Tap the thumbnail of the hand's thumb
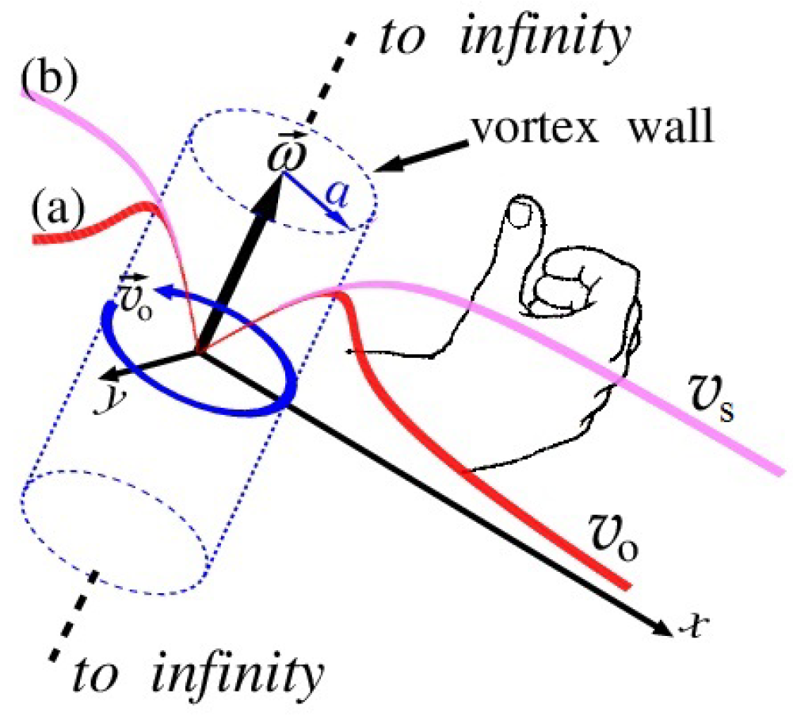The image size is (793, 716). click(520, 213)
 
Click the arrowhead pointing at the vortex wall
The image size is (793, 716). click(387, 164)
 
